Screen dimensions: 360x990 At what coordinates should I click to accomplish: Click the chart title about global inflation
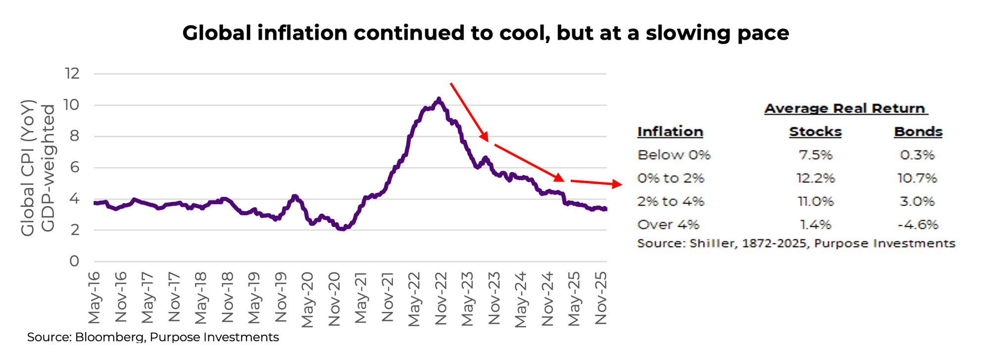(485, 33)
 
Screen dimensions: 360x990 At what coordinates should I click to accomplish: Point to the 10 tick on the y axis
(71, 105)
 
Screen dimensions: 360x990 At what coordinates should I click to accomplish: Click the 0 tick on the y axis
(74, 261)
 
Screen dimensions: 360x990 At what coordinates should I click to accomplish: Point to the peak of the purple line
(438, 100)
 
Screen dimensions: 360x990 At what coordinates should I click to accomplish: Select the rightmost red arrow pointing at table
(596, 183)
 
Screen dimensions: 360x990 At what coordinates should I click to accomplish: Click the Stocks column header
(815, 132)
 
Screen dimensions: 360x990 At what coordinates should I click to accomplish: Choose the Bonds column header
(918, 132)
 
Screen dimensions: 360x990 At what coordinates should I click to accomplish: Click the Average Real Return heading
(845, 108)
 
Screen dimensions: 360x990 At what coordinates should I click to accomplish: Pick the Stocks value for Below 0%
(815, 155)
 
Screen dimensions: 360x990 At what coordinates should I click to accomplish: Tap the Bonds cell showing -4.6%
(918, 225)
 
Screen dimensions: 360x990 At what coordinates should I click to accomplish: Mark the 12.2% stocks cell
(815, 178)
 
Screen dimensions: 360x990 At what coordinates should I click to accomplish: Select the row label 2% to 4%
(670, 202)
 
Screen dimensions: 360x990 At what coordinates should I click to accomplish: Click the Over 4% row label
(668, 225)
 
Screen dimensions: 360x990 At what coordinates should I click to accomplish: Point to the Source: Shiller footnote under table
(796, 244)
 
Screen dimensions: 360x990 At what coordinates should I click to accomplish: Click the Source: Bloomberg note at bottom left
(153, 337)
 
